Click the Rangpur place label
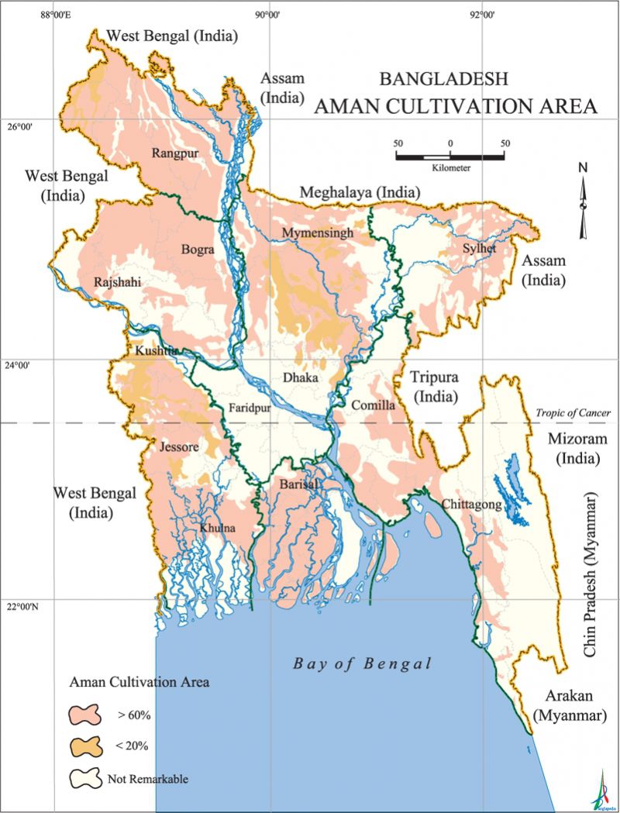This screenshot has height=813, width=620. pos(175,153)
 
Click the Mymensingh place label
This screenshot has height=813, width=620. pos(318,233)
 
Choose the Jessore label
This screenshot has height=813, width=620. pos(179,447)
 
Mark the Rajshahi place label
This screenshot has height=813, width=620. pos(116,283)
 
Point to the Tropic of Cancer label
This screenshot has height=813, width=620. pos(572,412)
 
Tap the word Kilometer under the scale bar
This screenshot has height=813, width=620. pos(449,167)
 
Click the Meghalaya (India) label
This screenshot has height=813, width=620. pos(360,192)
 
